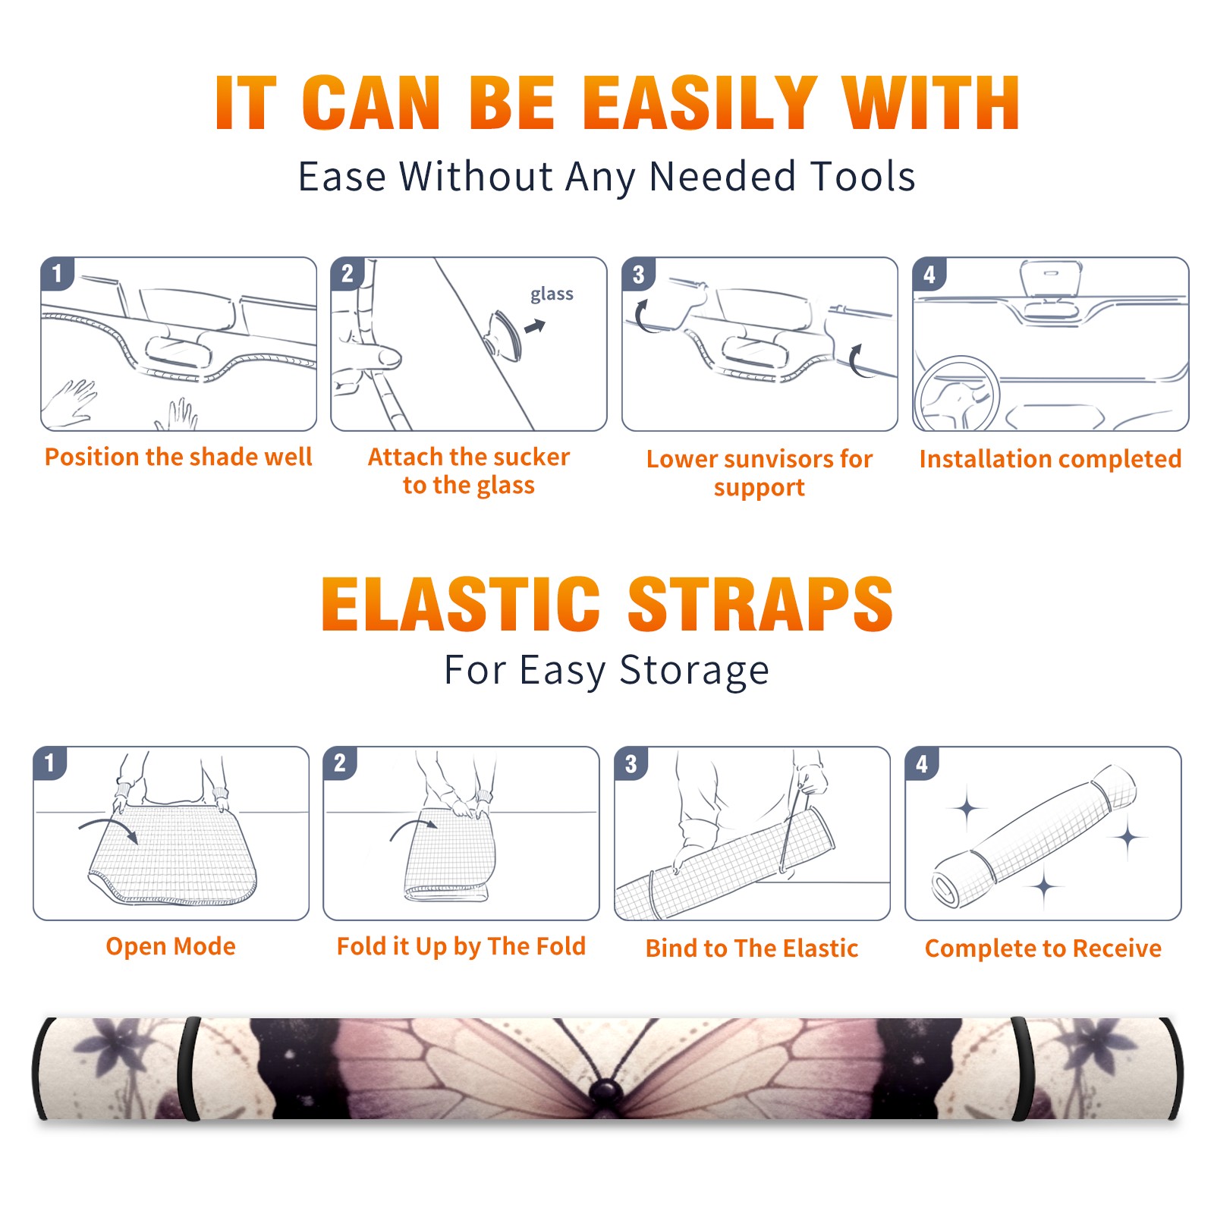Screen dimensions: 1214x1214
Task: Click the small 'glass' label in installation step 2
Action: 552,294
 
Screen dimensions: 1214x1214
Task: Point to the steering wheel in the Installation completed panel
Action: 957,394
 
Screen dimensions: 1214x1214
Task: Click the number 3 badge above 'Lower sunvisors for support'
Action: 638,274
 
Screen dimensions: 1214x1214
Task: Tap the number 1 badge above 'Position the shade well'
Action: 57,273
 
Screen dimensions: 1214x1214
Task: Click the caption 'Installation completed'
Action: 1050,459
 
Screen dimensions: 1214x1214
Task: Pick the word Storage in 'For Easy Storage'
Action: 694,671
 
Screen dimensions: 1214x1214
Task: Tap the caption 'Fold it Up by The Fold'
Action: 461,946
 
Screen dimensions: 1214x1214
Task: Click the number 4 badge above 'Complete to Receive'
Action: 922,763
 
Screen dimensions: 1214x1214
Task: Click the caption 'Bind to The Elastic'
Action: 752,948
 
